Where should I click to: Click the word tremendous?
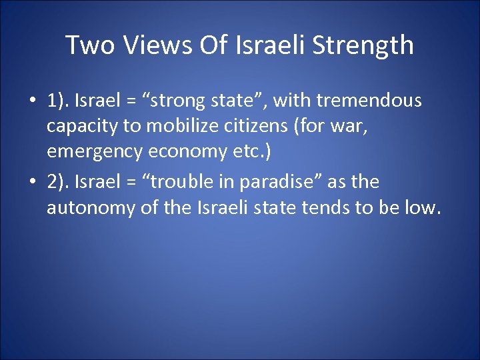[369, 101]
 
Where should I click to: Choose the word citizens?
[265, 127]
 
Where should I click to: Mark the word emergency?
[94, 152]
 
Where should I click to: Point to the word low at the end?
[423, 207]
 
